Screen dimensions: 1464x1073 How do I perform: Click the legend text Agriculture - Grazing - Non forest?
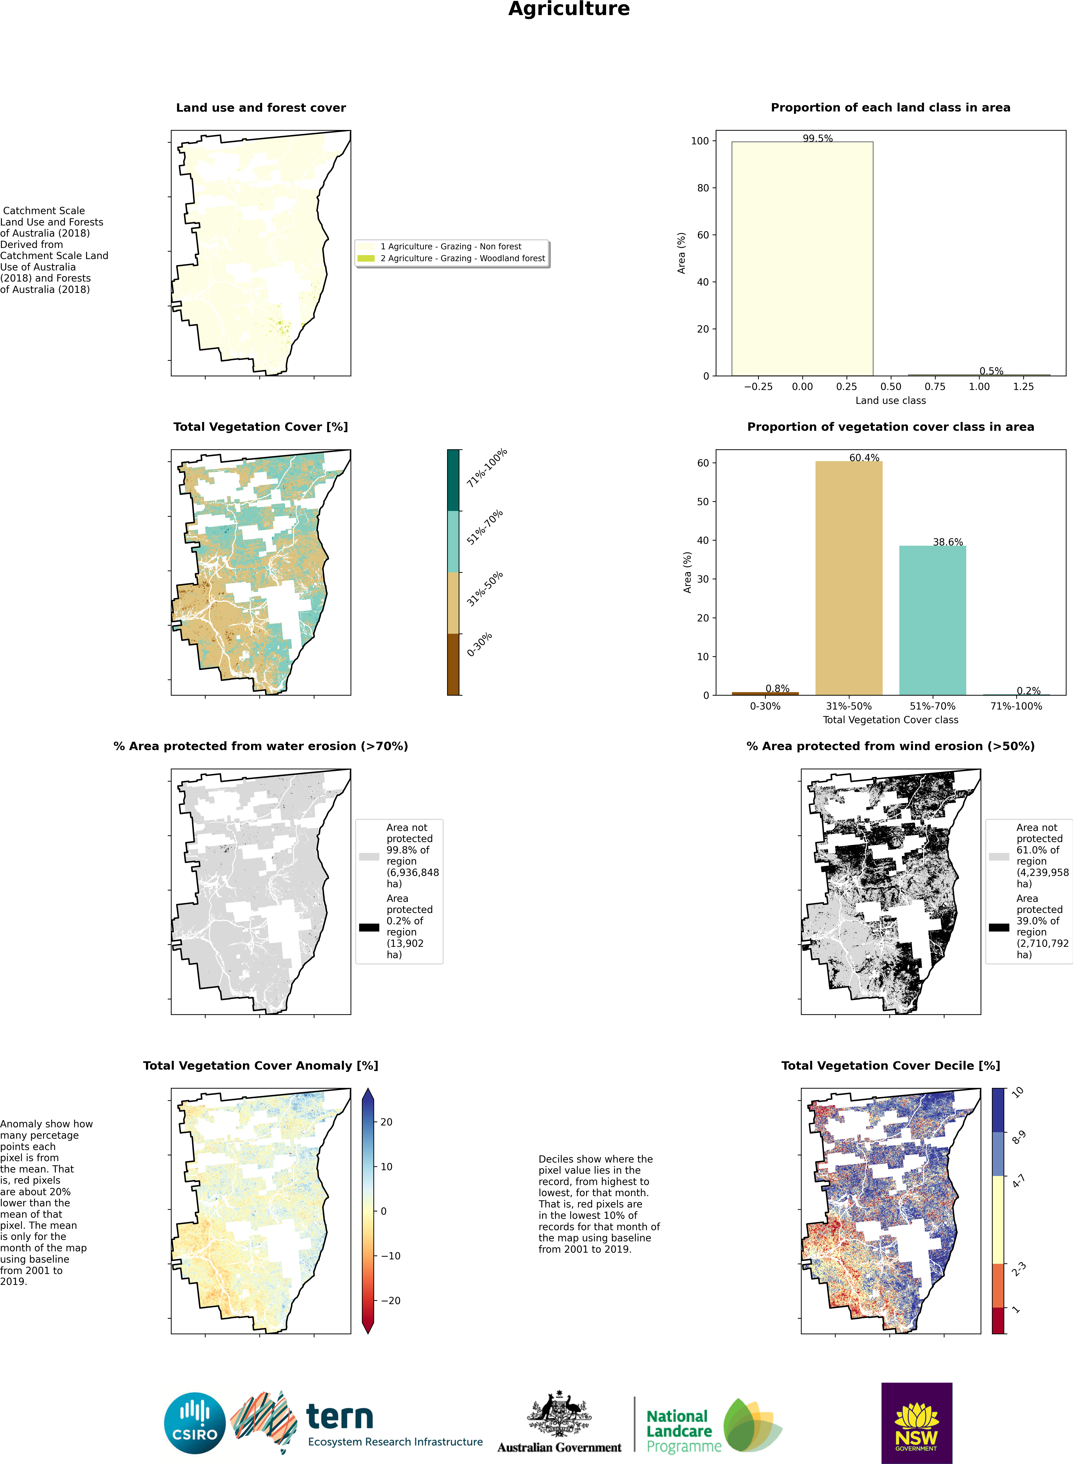tap(451, 246)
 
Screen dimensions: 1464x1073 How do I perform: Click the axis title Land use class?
tap(891, 400)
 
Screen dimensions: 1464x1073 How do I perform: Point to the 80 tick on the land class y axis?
tap(703, 188)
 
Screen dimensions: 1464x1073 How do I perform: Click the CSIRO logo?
tap(195, 1423)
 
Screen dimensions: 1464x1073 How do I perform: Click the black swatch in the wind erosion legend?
tap(999, 927)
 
